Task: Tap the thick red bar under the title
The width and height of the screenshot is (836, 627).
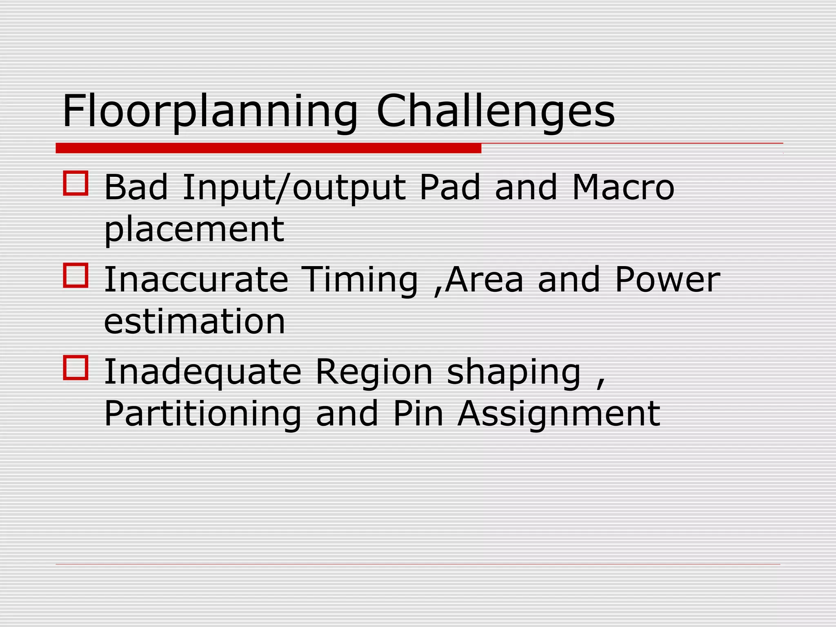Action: [x=268, y=148]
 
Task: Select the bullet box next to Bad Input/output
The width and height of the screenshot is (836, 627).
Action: [x=76, y=183]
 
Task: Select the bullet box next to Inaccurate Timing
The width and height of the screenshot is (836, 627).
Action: [x=76, y=276]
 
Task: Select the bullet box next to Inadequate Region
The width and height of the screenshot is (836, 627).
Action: [x=76, y=368]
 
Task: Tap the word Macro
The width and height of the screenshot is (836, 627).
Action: [x=623, y=187]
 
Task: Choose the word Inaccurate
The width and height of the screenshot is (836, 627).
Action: [x=196, y=280]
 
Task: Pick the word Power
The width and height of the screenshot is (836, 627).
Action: [x=667, y=280]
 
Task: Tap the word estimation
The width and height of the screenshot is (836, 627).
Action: [x=194, y=322]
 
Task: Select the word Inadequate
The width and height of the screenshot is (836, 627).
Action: [x=202, y=373]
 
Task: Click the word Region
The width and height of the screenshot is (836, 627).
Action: [x=374, y=373]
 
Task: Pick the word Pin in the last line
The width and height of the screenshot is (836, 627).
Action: [x=418, y=414]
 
